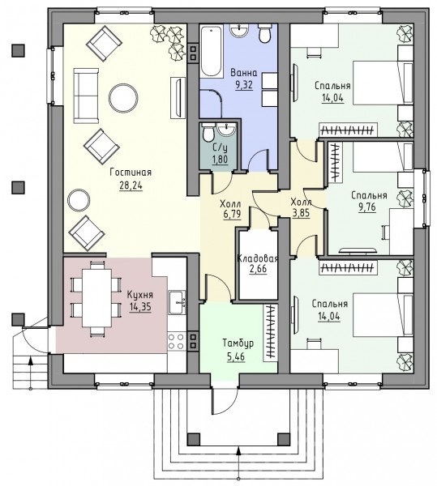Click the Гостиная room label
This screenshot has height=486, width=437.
pos(131,173)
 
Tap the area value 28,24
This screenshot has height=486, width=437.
pos(131,185)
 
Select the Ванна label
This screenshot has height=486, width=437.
pos(244,73)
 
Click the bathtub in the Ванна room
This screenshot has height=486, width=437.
pos(212,52)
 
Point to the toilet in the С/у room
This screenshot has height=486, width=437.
pos(208,133)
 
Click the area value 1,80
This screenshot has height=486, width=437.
pos(220,160)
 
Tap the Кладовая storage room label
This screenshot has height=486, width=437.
pos(257,258)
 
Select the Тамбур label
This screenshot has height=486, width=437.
pos(238,343)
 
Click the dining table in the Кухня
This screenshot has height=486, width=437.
pos(96,298)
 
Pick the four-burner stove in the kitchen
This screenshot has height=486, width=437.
pos(177,341)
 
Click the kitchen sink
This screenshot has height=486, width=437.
pos(177,302)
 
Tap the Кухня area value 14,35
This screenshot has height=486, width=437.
pos(140,307)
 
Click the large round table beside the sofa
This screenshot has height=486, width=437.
pos(123,98)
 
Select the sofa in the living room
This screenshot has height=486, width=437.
pos(86,96)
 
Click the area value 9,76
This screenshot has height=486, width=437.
pos(367,207)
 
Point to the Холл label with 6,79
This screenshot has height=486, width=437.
pos(230,204)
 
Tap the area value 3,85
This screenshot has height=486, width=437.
pos(301,213)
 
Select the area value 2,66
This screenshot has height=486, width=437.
pos(258,268)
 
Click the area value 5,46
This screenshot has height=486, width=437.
pos(236,356)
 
